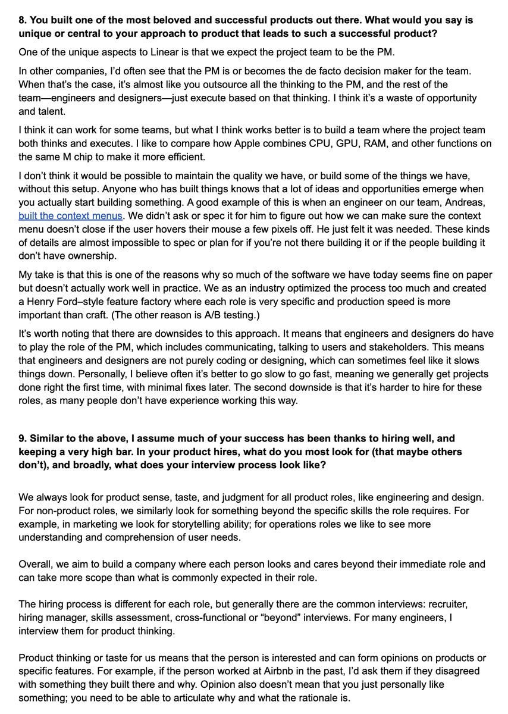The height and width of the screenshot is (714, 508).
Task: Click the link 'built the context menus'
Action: pyautogui.click(x=70, y=216)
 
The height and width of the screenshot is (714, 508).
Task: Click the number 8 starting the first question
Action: pyautogui.click(x=22, y=20)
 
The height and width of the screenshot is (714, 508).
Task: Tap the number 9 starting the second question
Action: pyautogui.click(x=22, y=439)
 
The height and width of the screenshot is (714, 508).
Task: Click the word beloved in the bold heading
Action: pyautogui.click(x=193, y=20)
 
